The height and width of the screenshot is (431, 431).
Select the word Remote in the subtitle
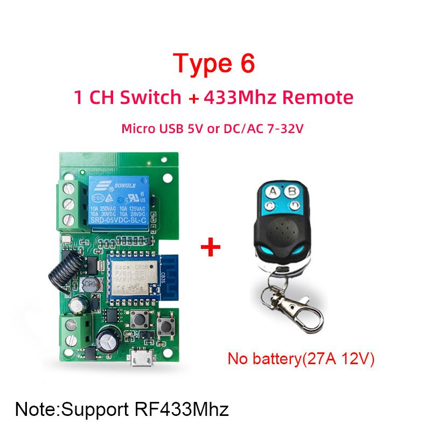318,98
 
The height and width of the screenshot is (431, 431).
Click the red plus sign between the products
211,248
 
